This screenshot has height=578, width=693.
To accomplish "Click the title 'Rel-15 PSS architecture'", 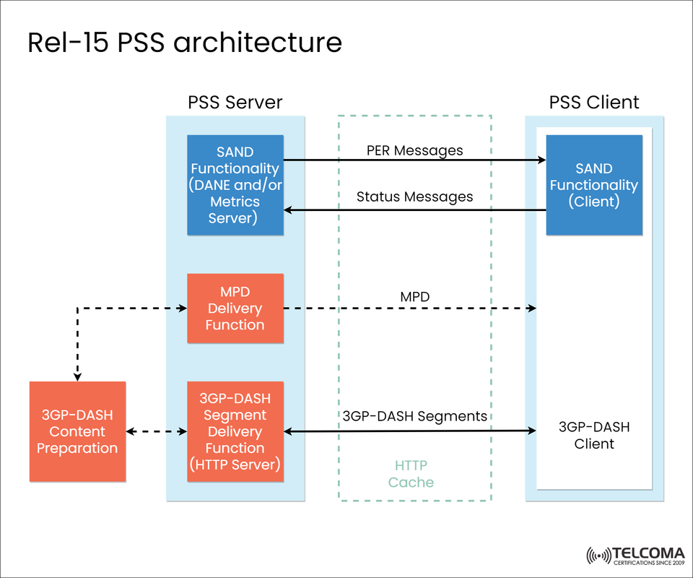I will [184, 43].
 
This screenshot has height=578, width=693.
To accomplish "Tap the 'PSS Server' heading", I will [235, 102].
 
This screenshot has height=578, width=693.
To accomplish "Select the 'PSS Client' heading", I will [594, 102].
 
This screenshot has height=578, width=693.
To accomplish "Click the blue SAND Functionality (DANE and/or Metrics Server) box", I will [235, 185].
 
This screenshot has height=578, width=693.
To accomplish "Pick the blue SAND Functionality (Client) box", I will [594, 185].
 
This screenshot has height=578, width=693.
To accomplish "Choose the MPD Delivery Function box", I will [235, 308].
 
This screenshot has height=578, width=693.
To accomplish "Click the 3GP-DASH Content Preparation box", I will [77, 431].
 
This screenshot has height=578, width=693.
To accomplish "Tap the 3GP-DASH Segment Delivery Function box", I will [235, 431].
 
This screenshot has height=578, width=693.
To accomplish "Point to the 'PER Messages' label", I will [414, 150].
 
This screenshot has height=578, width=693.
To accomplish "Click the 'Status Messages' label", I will [414, 197].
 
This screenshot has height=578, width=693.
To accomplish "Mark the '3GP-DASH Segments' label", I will [414, 416].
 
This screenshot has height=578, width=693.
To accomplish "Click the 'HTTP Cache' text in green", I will [411, 474].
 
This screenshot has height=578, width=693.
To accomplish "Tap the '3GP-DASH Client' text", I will [594, 435].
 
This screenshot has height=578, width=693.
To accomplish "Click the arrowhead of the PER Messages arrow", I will [541, 160].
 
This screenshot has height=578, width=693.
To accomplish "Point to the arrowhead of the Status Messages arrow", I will [288, 210].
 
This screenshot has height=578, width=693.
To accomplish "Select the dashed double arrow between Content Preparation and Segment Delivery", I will [157, 432].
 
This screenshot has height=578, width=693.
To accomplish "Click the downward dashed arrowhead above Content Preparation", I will [77, 376].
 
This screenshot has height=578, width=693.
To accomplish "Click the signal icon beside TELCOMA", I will [598, 556].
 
